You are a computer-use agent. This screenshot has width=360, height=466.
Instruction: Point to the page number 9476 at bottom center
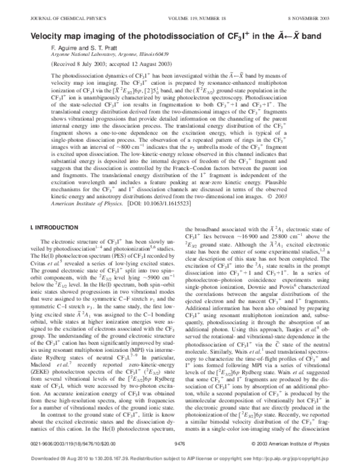(179, 445)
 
